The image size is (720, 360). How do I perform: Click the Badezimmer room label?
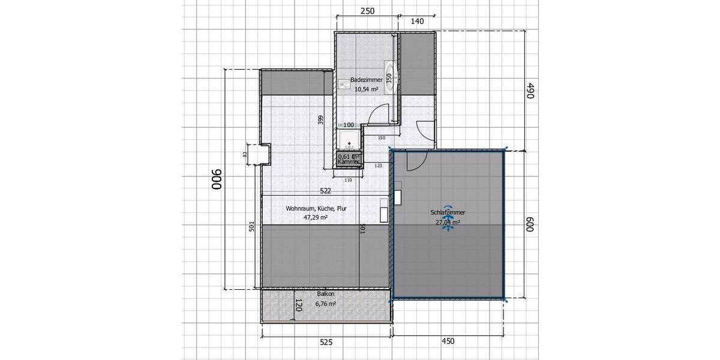click(x=366, y=80)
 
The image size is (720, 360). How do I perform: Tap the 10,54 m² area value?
click(x=366, y=89)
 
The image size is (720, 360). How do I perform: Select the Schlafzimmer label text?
click(x=448, y=213)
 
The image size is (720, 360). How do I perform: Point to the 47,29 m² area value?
click(x=316, y=218)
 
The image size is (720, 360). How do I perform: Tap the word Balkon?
click(x=325, y=295)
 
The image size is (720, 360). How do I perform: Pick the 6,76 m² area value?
click(x=325, y=304)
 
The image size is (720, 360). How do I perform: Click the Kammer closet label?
click(x=349, y=162)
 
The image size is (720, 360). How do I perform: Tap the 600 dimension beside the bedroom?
click(x=530, y=224)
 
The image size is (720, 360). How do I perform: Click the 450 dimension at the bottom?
click(x=448, y=341)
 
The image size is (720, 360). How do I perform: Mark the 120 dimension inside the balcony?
click(x=298, y=307)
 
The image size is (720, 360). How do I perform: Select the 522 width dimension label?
click(x=326, y=191)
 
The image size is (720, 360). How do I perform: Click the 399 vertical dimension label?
click(x=321, y=121)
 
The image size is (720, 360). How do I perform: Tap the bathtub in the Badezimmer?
click(x=391, y=77)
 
